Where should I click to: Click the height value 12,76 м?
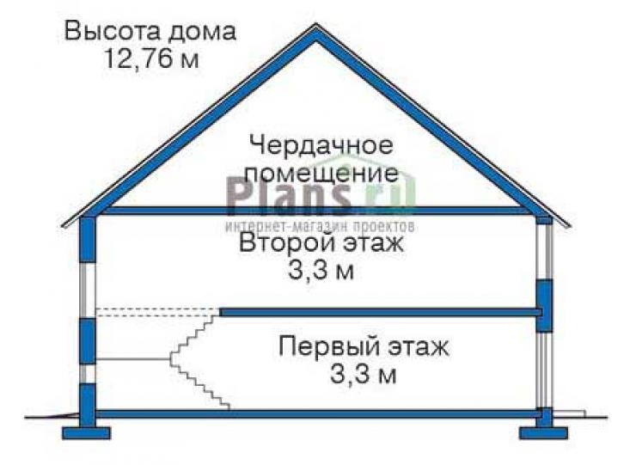(x=152, y=58)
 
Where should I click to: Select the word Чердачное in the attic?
(x=321, y=145)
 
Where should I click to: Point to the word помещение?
(x=322, y=174)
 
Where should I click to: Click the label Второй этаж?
(x=321, y=244)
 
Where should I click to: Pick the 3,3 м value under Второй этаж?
(x=321, y=271)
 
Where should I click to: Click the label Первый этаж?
(x=364, y=347)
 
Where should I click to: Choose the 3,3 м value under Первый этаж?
(x=363, y=374)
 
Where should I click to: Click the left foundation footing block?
(x=87, y=433)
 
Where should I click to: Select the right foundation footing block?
(x=544, y=433)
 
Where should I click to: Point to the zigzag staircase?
(x=199, y=360)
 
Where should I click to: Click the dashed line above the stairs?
(x=157, y=312)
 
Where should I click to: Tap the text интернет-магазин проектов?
(x=321, y=226)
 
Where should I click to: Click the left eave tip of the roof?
(x=62, y=226)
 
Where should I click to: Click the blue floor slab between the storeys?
(x=382, y=312)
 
